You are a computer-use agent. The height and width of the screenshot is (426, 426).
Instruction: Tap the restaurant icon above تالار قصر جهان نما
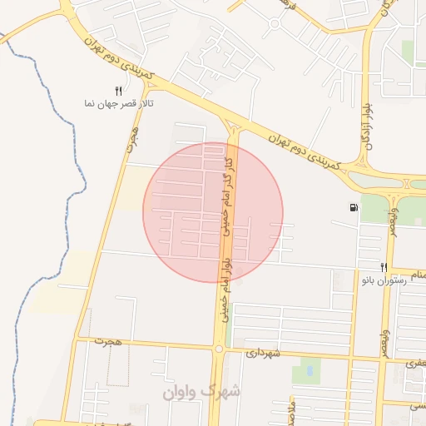coord(118,90)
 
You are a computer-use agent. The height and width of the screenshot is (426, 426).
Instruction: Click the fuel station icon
coord(355,207)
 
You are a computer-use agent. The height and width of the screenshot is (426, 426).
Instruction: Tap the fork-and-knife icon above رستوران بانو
coord(384,267)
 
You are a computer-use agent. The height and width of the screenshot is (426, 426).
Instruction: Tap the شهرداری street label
coord(265,354)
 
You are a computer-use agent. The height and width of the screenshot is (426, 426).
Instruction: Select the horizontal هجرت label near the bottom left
coord(109,341)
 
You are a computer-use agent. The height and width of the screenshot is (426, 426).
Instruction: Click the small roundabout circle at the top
coord(274,23)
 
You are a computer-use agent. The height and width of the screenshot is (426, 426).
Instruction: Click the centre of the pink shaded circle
coord(213,212)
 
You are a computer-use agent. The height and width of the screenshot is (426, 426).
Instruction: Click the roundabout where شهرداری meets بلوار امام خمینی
coord(219,350)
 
